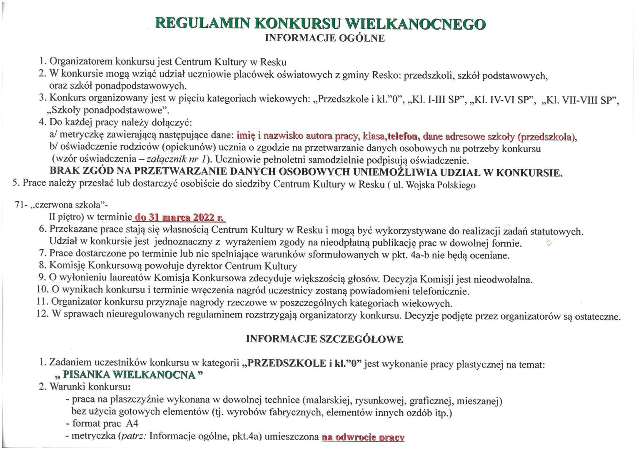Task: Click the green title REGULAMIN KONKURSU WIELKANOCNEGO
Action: [x=320, y=23]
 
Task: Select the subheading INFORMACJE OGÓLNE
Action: [x=324, y=38]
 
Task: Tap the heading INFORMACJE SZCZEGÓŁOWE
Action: [x=324, y=339]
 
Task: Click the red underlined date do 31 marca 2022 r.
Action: [x=179, y=217]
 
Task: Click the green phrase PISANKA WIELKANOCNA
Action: [x=129, y=375]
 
